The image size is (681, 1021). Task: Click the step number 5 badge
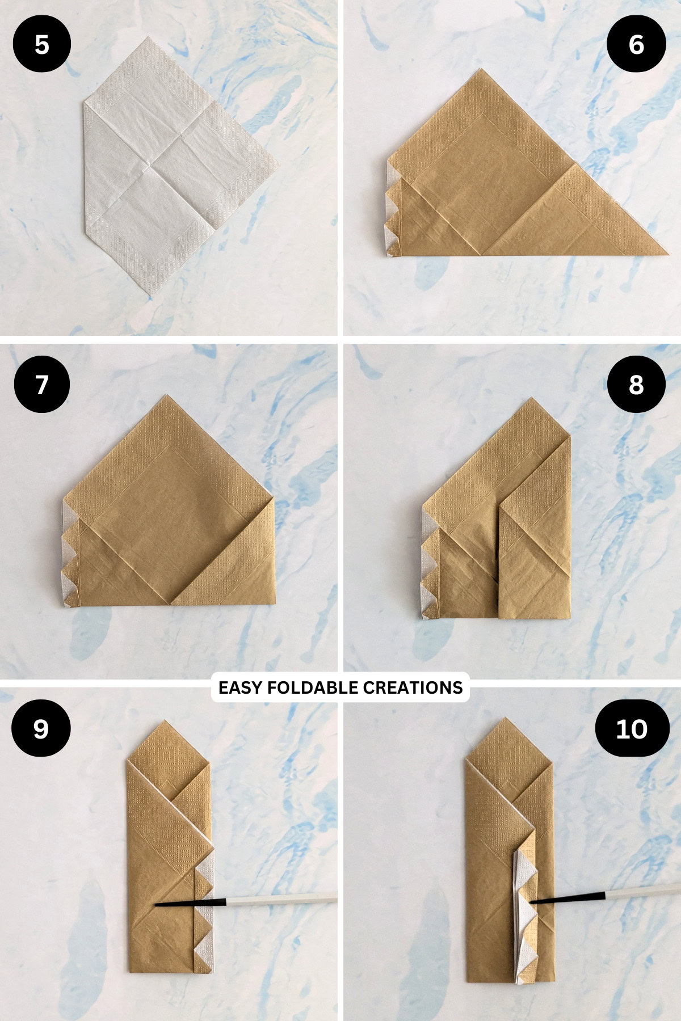[41, 44]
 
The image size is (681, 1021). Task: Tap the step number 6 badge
[636, 44]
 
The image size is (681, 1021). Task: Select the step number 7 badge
[41, 384]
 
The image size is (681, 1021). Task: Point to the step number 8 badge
[636, 384]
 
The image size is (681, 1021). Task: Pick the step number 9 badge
[41, 728]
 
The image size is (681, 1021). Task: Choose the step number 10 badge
[631, 728]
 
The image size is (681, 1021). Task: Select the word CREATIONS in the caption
[413, 687]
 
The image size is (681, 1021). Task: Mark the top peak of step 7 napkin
[169, 395]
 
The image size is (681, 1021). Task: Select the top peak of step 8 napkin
[532, 398]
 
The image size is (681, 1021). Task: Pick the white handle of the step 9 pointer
[282, 898]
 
